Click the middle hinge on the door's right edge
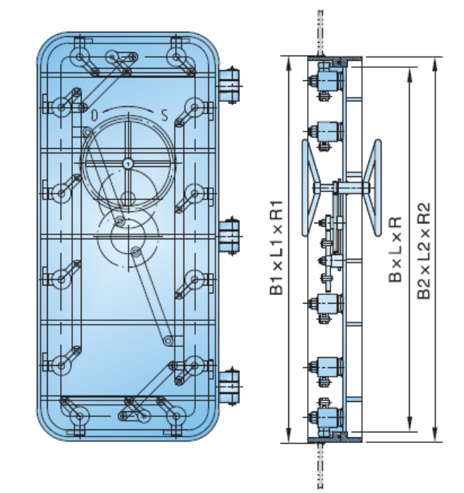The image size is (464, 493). point(231,236)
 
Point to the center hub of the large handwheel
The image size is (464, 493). point(126,163)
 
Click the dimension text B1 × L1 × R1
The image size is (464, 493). point(276,246)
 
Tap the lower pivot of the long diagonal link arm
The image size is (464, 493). point(167,339)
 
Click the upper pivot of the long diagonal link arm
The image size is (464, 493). point(135,251)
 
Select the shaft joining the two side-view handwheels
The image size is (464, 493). point(343,189)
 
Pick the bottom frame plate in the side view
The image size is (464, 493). point(334,439)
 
